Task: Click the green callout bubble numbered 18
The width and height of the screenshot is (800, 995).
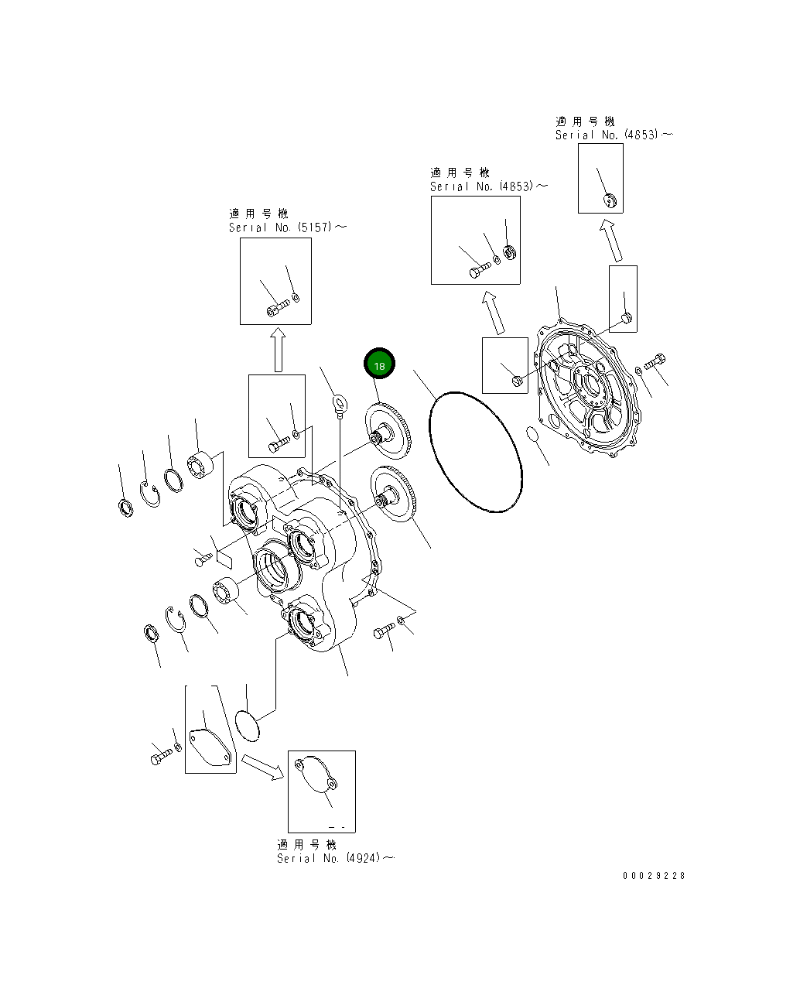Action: [379, 364]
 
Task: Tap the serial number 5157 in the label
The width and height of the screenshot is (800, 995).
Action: [315, 227]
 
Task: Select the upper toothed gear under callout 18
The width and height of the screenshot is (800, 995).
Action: [388, 431]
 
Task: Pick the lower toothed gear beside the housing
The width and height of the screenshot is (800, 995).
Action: [394, 494]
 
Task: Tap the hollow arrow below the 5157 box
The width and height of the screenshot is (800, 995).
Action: [278, 350]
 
